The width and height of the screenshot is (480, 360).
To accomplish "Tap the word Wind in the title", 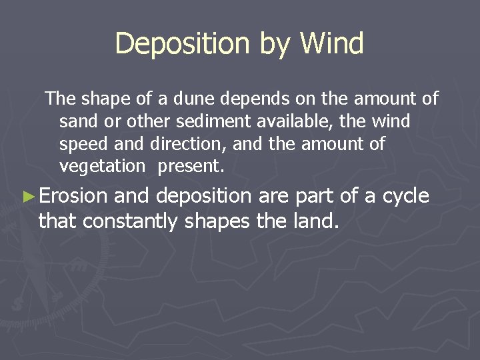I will click(x=331, y=44).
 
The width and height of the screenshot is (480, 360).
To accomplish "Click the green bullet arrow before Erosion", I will click(x=27, y=197).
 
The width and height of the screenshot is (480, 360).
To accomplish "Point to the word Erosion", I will click(x=73, y=196).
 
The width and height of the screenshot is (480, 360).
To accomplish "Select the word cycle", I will click(x=404, y=197).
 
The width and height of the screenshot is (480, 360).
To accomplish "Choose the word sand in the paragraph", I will click(x=75, y=122).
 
